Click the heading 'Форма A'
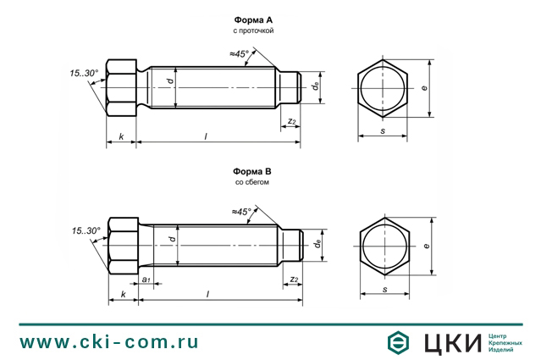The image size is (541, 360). coord(253,20)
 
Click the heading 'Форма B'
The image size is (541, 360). coord(251,172)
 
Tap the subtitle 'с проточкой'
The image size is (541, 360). coord(253,30)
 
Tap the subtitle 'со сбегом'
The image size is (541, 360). coord(251,182)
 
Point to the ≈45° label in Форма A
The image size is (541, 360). coord(239,54)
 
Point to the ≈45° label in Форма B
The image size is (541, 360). coord(241,212)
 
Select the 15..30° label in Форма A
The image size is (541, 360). coord(84,73)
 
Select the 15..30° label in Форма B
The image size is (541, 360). coord(86,230)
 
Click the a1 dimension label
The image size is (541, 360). coord(146,280)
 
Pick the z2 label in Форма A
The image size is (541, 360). coord(292,121)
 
